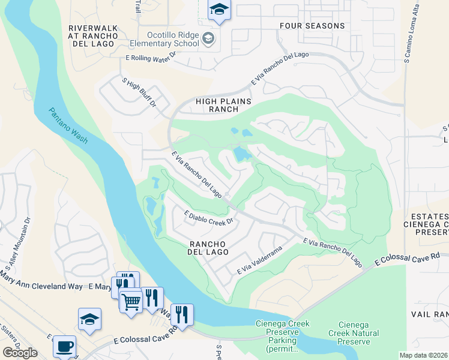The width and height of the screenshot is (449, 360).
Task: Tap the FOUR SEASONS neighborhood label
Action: (312, 26)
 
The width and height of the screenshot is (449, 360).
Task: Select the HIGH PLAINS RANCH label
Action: (217, 106)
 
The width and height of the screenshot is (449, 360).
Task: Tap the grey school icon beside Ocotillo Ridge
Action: (208, 39)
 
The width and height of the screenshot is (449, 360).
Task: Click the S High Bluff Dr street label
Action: (139, 92)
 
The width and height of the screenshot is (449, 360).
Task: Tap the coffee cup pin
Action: (64, 346)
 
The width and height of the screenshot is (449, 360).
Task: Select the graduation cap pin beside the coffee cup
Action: (89, 319)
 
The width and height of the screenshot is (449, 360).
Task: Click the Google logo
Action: (20, 353)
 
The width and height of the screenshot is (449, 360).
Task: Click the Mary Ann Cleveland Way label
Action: (41, 287)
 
